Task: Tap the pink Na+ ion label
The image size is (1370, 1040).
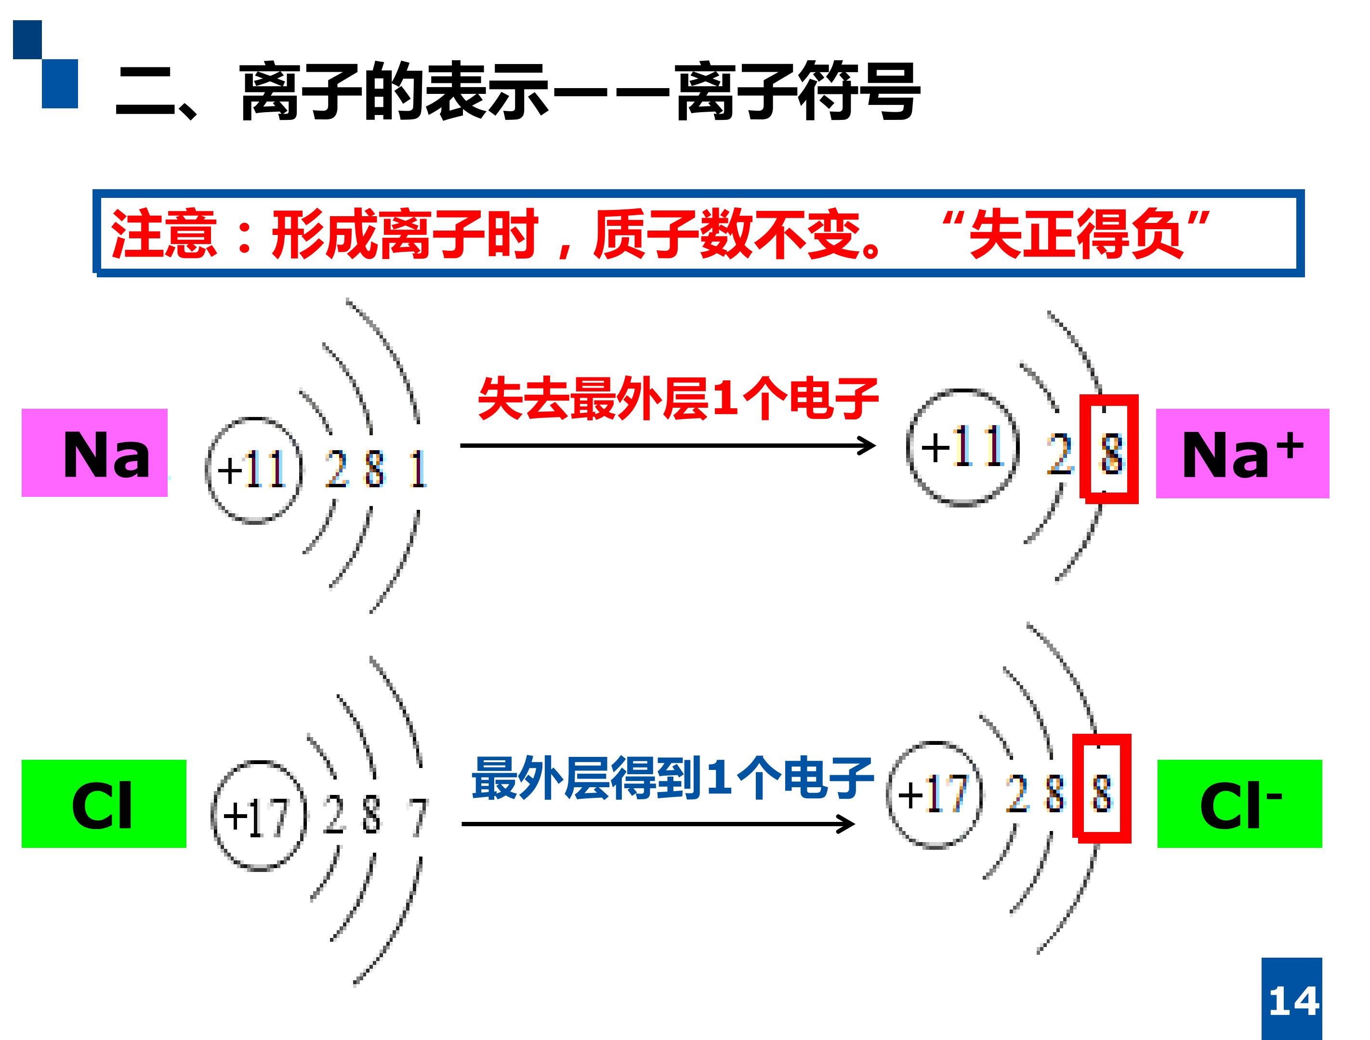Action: [x=1242, y=453]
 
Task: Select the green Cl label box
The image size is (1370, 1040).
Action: [x=104, y=804]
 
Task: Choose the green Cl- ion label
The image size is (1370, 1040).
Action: [x=1240, y=804]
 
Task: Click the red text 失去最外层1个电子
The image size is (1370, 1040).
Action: [x=678, y=399]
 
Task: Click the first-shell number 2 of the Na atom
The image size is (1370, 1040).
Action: [x=336, y=468]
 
